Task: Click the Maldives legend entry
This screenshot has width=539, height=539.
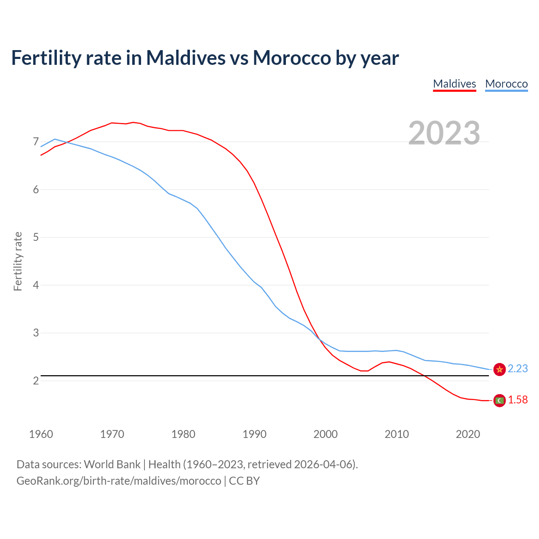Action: pyautogui.click(x=454, y=84)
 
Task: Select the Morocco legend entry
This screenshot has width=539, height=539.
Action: pyautogui.click(x=506, y=84)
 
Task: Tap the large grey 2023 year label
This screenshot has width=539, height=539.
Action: pyautogui.click(x=444, y=133)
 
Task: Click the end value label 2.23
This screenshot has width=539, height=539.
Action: pyautogui.click(x=518, y=368)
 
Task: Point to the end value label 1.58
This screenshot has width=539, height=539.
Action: pyautogui.click(x=518, y=400)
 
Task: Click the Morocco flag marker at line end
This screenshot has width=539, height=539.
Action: pyautogui.click(x=499, y=369)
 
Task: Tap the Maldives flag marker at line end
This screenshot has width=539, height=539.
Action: pyautogui.click(x=499, y=400)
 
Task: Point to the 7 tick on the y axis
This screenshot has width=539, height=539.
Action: pyautogui.click(x=36, y=142)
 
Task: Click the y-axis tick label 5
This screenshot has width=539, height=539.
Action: pyautogui.click(x=36, y=237)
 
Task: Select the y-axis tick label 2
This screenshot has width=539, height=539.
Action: pyautogui.click(x=36, y=381)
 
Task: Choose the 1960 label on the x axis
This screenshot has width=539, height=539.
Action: pyautogui.click(x=41, y=434)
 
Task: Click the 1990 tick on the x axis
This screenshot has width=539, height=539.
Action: pyautogui.click(x=254, y=434)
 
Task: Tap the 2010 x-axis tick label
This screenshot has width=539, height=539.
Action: pyautogui.click(x=397, y=434)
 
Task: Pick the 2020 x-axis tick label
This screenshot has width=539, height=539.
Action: pyautogui.click(x=468, y=434)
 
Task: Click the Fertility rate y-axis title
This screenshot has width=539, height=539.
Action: pyautogui.click(x=18, y=261)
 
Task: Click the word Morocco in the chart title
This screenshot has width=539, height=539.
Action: pyautogui.click(x=292, y=58)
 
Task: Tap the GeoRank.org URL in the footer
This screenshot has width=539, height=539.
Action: pyautogui.click(x=119, y=480)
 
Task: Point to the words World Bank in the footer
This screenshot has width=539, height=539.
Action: pyautogui.click(x=112, y=464)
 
